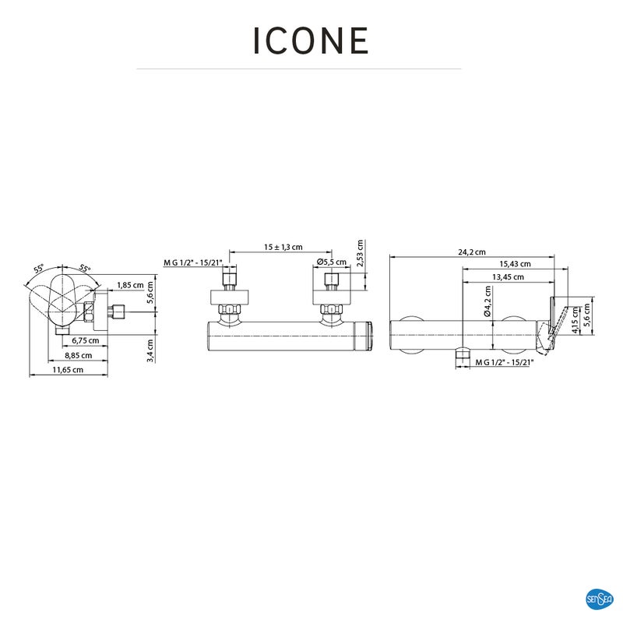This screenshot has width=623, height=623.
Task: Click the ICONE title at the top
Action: (x=311, y=40)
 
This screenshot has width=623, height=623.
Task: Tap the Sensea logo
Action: (x=599, y=599)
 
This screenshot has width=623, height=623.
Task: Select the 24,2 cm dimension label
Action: (x=472, y=252)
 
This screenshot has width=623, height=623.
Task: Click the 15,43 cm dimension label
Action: (x=515, y=264)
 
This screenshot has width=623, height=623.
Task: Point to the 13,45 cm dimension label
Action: (x=508, y=277)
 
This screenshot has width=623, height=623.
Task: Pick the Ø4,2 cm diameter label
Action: (x=488, y=301)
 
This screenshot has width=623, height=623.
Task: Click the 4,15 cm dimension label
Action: (x=575, y=320)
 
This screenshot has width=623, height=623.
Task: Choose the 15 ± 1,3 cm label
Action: (x=283, y=247)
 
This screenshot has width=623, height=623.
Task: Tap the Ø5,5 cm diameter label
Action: (x=332, y=262)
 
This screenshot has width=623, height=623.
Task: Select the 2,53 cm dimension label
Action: (x=360, y=253)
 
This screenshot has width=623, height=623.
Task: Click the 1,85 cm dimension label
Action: (x=130, y=285)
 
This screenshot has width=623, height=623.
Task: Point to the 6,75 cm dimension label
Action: (x=86, y=340)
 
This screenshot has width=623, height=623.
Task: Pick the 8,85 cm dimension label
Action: (x=79, y=355)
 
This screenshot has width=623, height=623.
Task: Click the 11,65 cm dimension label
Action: (x=68, y=370)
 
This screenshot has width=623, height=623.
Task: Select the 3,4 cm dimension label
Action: (x=150, y=350)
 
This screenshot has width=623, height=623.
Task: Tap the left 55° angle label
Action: (x=39, y=269)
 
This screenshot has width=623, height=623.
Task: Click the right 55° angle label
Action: (x=84, y=268)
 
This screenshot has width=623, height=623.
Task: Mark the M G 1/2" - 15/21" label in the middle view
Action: (x=193, y=262)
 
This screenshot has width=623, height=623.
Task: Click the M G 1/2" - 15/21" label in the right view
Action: (x=505, y=362)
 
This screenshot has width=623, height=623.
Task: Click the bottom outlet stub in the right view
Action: (x=462, y=354)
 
